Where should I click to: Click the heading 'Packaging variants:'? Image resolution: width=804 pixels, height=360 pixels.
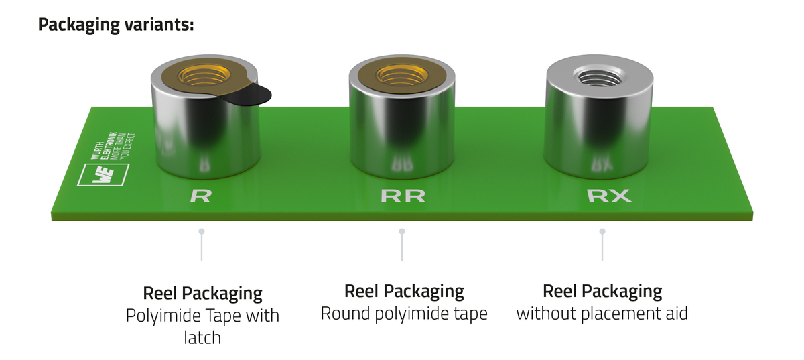[116, 25]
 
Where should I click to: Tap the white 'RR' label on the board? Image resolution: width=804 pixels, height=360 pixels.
[403, 196]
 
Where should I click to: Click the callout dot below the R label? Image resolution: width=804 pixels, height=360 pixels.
[201, 231]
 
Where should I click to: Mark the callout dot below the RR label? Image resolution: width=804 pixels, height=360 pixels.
[402, 231]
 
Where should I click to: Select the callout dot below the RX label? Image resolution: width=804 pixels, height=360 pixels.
[602, 231]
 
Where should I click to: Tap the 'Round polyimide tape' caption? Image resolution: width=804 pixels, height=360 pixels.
[404, 314]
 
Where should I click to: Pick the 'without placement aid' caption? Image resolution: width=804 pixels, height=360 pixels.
[602, 313]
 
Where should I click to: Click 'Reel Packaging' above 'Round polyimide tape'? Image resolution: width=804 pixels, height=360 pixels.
[404, 292]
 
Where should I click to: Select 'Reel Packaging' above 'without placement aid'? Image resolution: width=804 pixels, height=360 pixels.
[602, 292]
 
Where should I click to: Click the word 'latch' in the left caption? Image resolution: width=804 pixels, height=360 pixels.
[202, 337]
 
